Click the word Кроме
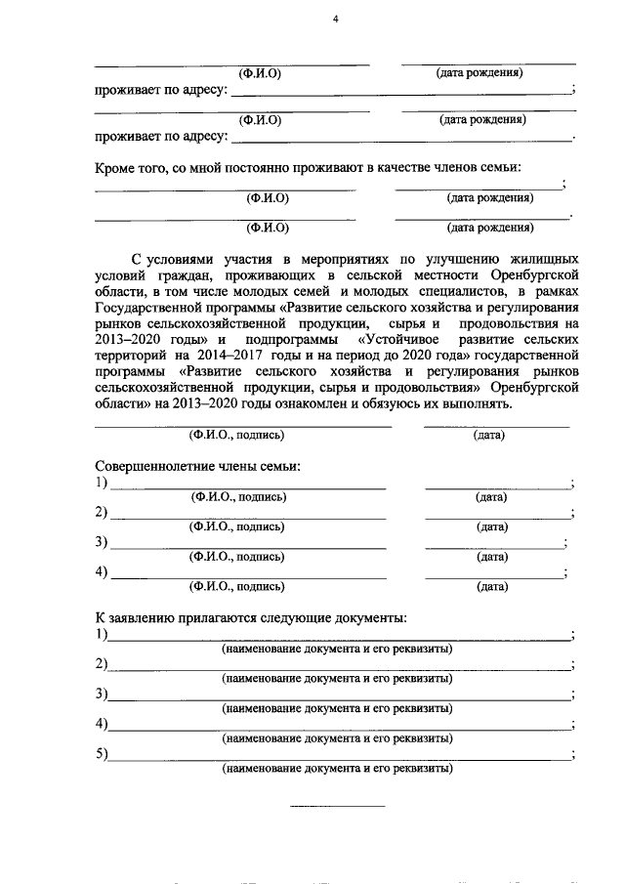pos(116,168)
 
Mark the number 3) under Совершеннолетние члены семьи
pos(102,542)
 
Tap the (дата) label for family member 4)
pos(491,587)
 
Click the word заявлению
pos(150,618)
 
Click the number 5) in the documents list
pos(102,753)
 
